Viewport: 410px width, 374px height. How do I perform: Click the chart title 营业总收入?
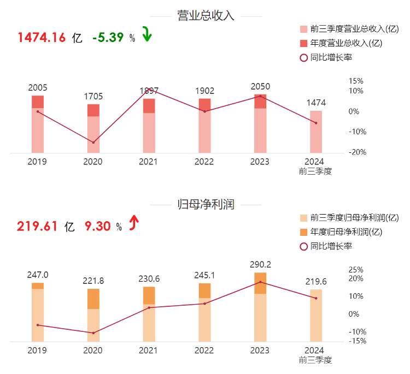click(206, 15)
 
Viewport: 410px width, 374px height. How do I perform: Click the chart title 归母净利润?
click(206, 205)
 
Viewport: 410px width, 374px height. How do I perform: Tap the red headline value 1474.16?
click(42, 38)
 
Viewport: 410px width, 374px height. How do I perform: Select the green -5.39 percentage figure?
click(109, 38)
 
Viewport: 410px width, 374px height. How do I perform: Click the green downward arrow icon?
click(146, 34)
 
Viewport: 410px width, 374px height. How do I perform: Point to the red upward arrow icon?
click(133, 223)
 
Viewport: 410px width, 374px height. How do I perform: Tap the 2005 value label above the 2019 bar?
click(38, 87)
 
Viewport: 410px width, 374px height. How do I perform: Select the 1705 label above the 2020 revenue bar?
click(93, 97)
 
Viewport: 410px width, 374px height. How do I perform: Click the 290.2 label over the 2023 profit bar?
click(260, 264)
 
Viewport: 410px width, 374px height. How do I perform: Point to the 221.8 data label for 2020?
click(93, 281)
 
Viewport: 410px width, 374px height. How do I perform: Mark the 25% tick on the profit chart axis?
click(356, 270)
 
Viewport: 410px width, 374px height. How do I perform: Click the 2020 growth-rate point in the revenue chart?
click(93, 143)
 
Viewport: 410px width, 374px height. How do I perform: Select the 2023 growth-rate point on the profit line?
click(260, 282)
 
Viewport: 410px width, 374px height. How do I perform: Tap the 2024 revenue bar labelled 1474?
click(316, 132)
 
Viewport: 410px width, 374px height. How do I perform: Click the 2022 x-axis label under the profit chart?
click(204, 350)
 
